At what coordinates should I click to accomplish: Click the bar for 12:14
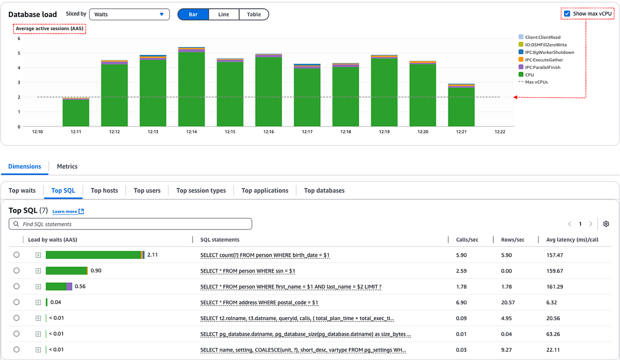191,88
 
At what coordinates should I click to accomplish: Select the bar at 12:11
76,112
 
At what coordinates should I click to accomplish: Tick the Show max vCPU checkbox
567,14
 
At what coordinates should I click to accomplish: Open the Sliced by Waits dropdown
129,14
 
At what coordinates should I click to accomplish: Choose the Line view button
224,14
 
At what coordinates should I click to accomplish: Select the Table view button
254,14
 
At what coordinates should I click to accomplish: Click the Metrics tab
67,166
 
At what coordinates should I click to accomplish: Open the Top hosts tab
104,191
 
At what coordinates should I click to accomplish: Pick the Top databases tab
324,191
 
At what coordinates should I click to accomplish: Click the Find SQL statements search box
130,224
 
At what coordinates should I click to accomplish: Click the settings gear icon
607,224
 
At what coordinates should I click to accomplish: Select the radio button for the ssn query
17,271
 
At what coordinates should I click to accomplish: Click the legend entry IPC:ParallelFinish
542,67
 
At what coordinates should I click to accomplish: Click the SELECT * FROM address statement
259,302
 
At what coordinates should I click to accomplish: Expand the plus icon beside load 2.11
38,255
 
